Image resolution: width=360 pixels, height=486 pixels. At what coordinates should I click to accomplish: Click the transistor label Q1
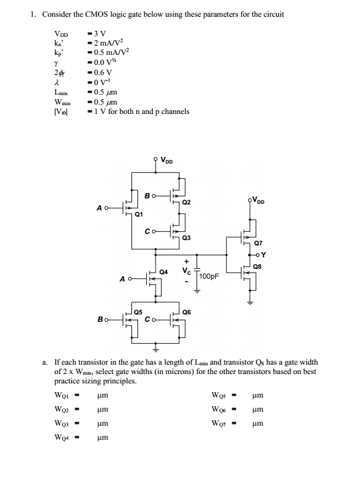(x=139, y=215)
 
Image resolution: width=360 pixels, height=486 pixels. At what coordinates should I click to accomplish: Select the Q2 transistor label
(x=187, y=202)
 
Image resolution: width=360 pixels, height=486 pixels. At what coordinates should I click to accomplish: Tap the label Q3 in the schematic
(x=187, y=238)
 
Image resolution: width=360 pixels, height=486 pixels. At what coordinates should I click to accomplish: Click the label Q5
(x=137, y=312)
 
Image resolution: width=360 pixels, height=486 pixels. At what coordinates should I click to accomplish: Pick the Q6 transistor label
(x=186, y=312)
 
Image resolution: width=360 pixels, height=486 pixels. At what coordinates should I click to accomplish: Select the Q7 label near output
(x=258, y=244)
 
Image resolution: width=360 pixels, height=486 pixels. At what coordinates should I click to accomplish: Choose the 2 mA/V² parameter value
(x=108, y=42)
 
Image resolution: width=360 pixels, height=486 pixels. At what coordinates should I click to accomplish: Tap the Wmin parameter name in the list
(x=62, y=103)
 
